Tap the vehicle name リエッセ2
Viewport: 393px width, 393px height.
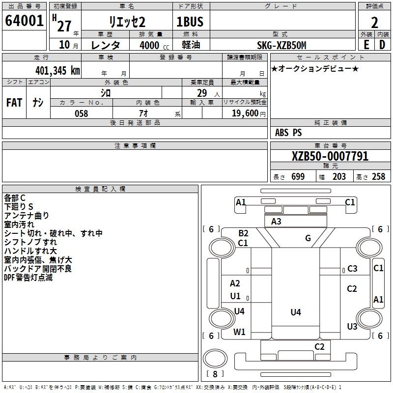127,22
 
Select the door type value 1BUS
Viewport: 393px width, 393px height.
190,22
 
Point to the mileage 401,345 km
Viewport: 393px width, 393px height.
57,70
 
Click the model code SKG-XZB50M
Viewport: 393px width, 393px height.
281,45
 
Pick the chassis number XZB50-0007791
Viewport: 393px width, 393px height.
330,156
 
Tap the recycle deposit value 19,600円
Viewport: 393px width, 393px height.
248,113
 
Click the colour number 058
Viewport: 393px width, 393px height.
81,113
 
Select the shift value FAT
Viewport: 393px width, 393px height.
14,103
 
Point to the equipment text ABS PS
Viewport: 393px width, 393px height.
288,133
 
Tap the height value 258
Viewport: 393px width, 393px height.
378,177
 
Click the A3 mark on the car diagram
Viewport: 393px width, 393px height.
276,222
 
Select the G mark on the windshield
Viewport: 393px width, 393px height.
308,238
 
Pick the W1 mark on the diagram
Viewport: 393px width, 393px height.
239,332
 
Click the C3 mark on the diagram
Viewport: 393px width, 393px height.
352,269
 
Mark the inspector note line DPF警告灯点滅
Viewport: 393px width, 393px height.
28,278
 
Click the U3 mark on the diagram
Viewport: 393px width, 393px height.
352,326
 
